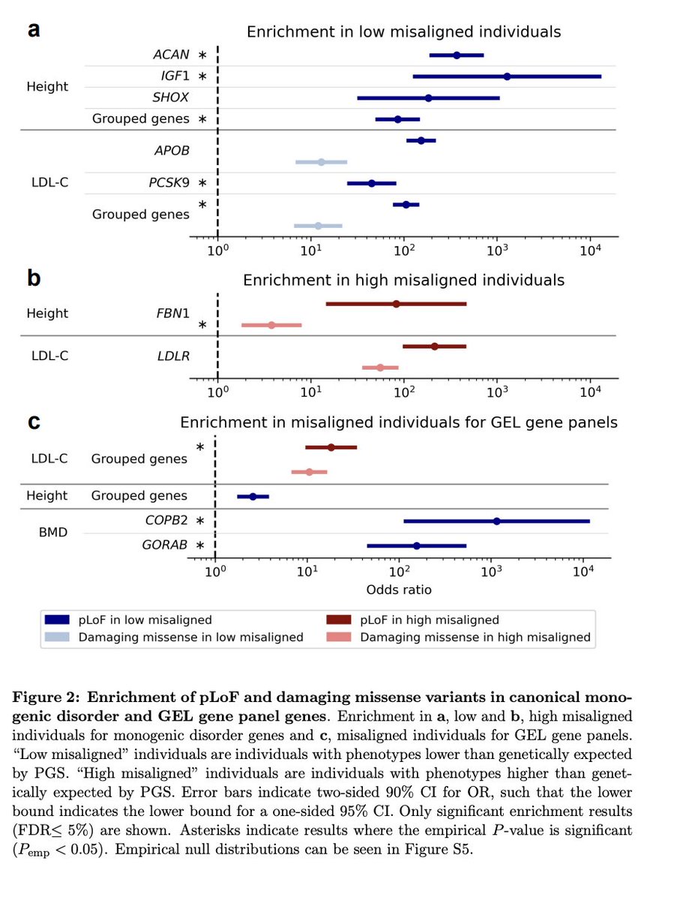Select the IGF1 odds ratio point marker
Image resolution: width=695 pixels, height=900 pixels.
(508, 76)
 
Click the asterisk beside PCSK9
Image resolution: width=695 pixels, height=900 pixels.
(202, 183)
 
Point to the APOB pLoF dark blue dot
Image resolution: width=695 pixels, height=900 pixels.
(421, 140)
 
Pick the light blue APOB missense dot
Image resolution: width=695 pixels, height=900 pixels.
(321, 162)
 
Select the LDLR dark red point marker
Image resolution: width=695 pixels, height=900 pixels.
(435, 346)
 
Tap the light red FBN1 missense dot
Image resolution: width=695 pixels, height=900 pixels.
(271, 325)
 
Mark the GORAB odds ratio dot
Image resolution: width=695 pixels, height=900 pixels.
(417, 546)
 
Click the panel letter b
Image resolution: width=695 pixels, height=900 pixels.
(34, 279)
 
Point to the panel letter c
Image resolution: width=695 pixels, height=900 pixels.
(34, 421)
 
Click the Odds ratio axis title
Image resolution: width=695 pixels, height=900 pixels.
(399, 589)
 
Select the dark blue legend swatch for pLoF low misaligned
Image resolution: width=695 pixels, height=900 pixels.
(57, 620)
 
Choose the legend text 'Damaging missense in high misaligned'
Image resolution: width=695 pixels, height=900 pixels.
(475, 637)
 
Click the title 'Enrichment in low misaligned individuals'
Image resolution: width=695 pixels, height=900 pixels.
(404, 31)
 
